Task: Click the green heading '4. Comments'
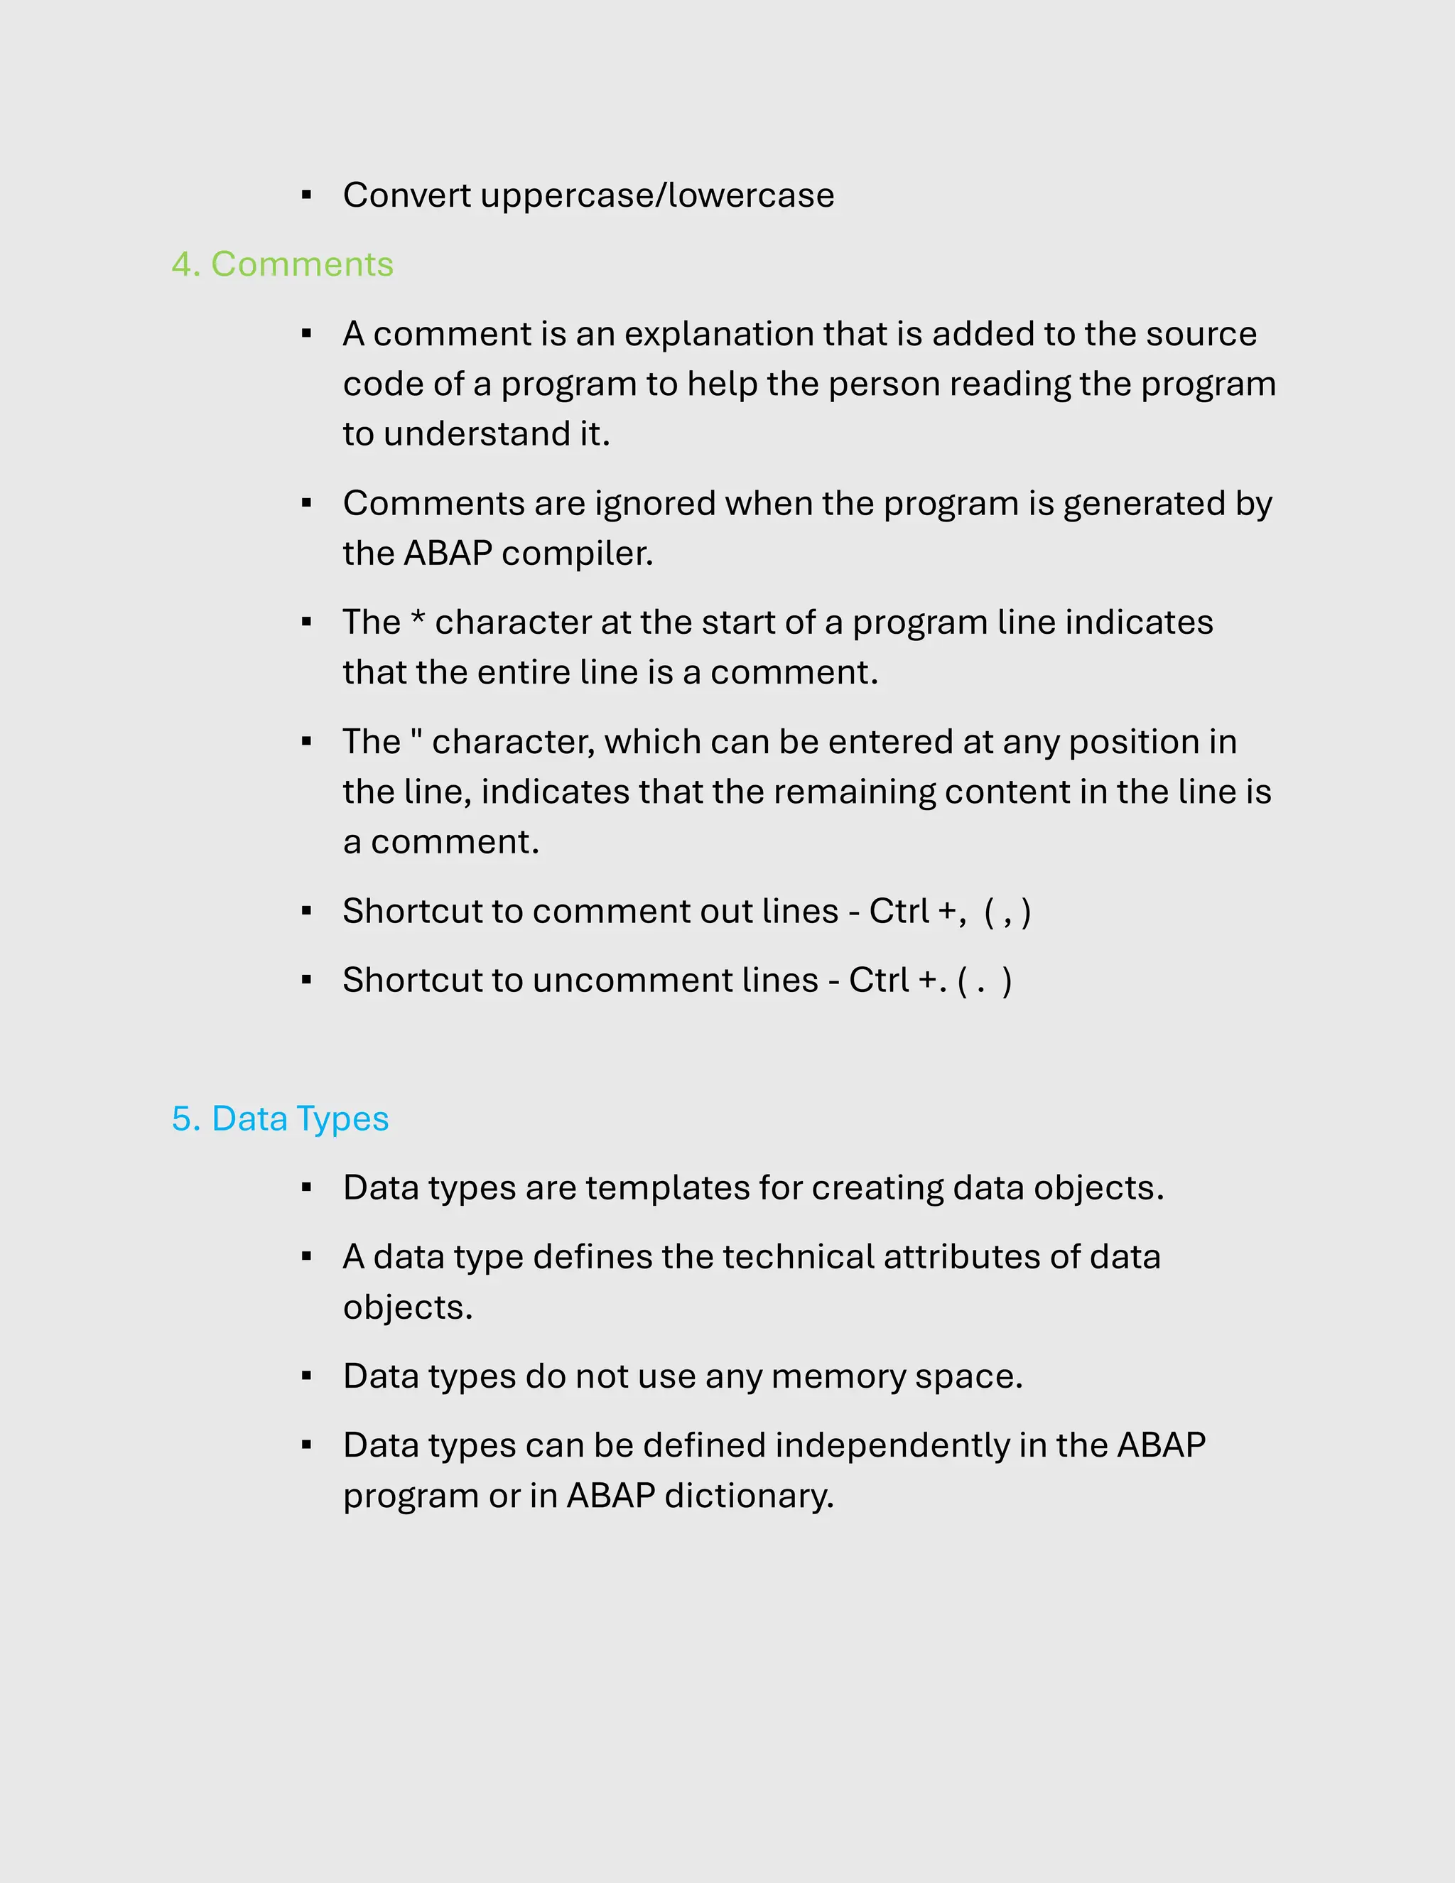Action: pyautogui.click(x=282, y=265)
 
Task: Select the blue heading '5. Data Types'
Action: pyautogui.click(x=280, y=1119)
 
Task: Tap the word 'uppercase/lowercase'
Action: pyautogui.click(x=657, y=195)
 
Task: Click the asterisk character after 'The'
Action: pyautogui.click(x=418, y=619)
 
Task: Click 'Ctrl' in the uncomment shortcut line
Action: pyautogui.click(x=880, y=981)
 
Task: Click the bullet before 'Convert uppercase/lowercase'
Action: pyautogui.click(x=307, y=195)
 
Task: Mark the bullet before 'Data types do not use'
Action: pyautogui.click(x=307, y=1377)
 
